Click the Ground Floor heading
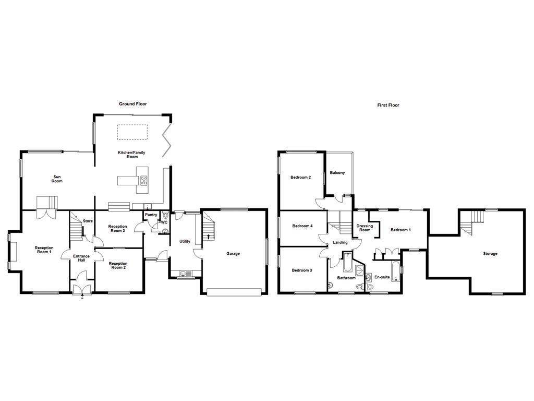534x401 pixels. (x=133, y=104)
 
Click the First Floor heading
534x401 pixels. (x=388, y=105)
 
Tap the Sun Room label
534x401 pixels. (x=57, y=179)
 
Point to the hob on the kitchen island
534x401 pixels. (x=144, y=181)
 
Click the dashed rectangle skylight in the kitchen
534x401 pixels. (x=132, y=132)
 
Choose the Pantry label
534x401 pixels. (x=151, y=215)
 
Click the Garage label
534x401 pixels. (x=233, y=254)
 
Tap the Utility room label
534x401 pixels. (x=185, y=241)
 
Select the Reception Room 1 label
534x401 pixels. (x=44, y=250)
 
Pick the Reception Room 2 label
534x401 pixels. (x=118, y=266)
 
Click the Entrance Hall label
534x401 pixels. (x=81, y=258)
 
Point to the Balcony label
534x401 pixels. (x=337, y=173)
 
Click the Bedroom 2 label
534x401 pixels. (x=300, y=178)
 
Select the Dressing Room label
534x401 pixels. (x=365, y=228)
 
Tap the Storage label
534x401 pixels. (x=490, y=254)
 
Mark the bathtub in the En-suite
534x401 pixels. (x=395, y=271)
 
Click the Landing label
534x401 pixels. (x=340, y=243)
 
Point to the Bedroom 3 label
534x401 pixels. (x=302, y=270)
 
